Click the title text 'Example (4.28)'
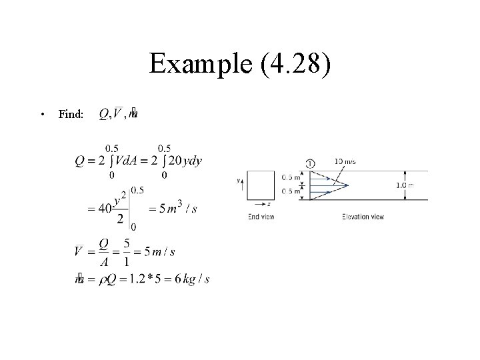[x=239, y=65]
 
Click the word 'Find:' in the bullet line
[x=71, y=115]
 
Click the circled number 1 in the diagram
[x=311, y=163]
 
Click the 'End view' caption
[x=261, y=216]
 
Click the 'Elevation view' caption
[x=363, y=216]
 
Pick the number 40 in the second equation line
[x=105, y=208]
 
